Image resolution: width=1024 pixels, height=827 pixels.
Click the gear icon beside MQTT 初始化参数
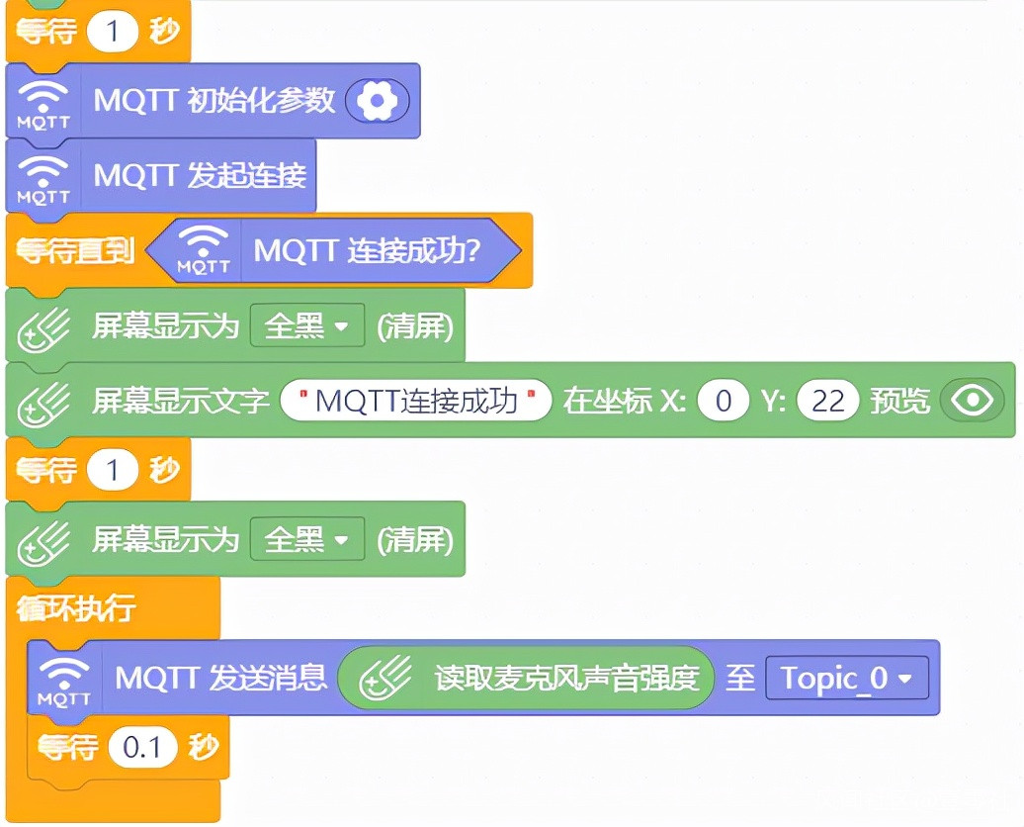pos(377,100)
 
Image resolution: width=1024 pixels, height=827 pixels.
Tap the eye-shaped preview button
pos(974,400)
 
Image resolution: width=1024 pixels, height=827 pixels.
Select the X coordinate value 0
pos(723,401)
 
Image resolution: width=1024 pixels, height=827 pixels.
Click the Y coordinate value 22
pos(827,401)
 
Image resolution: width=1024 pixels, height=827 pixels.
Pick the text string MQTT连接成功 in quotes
pos(416,401)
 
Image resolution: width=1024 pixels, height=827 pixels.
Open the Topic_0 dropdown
pos(847,678)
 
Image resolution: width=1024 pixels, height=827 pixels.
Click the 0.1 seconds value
pos(142,748)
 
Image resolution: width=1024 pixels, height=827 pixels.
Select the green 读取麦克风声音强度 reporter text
pos(566,678)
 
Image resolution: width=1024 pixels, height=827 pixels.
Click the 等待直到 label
pos(75,251)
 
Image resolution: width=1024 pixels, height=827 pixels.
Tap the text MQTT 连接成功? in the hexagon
pos(367,250)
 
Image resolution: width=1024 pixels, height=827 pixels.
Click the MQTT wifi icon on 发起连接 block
pos(43,177)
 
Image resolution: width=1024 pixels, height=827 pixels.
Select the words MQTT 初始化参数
pos(214,100)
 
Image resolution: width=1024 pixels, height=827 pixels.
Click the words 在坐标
pos(597,401)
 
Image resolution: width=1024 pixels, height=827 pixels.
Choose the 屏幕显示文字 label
pos(181,401)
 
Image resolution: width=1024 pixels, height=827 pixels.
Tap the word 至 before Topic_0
pos(740,678)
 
